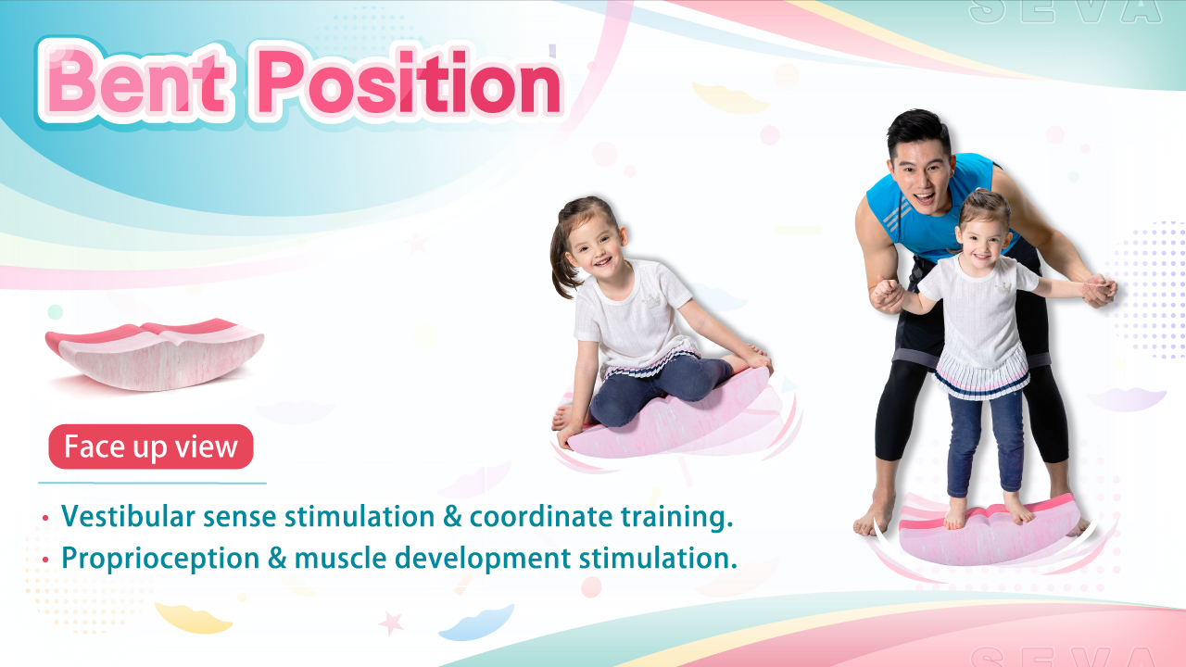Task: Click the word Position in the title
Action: point(409,82)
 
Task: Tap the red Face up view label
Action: point(151,447)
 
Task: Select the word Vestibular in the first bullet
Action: point(128,516)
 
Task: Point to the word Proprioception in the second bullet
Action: point(160,559)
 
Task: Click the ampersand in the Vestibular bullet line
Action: point(451,517)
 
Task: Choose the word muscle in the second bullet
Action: point(340,558)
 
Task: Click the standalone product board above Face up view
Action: point(155,354)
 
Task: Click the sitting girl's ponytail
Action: point(561,259)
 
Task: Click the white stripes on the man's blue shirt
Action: point(898,216)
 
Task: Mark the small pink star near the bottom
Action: point(391,623)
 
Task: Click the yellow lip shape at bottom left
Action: point(193,618)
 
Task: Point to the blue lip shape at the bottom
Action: point(476,623)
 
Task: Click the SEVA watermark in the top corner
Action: point(1066,12)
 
